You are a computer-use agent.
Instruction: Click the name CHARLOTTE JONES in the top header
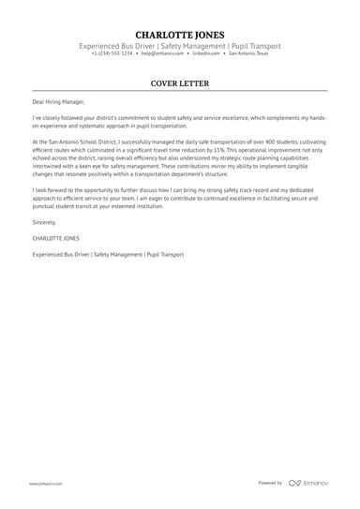(180, 34)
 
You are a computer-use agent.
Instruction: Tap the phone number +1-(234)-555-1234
(112, 53)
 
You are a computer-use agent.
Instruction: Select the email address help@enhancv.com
(159, 53)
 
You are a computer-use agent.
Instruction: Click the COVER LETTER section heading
(180, 83)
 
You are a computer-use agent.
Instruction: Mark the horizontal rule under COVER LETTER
(180, 92)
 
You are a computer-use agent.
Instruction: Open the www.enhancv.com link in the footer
(45, 483)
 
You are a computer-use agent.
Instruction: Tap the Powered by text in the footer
(270, 483)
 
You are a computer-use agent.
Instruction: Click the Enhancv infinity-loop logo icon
(294, 483)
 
